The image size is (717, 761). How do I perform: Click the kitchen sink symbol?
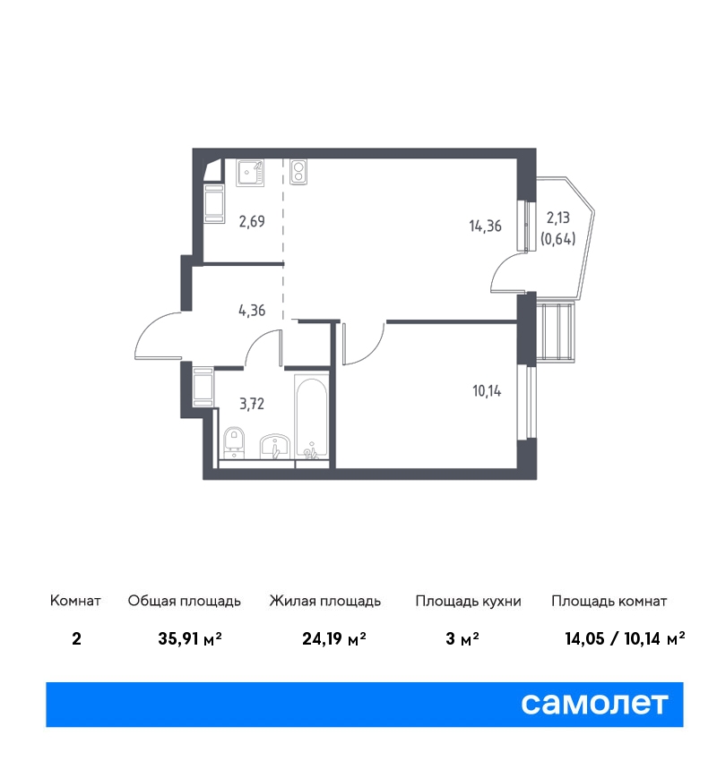tap(250, 173)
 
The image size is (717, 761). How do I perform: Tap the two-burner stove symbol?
tap(298, 172)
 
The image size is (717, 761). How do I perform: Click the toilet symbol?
tap(234, 442)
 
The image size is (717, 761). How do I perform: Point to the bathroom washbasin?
tap(275, 447)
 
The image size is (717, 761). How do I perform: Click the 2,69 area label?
tap(252, 222)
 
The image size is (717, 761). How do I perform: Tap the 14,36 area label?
tap(485, 227)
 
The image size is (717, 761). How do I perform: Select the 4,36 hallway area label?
tap(252, 311)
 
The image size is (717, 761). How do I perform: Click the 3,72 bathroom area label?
tap(252, 404)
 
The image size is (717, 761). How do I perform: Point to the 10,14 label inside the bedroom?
tap(487, 391)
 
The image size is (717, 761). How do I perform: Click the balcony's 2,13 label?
tap(558, 218)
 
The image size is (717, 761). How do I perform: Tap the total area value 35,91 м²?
tap(190, 638)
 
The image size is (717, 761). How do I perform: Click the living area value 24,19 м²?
tap(334, 638)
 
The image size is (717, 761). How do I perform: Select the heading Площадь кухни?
tap(468, 602)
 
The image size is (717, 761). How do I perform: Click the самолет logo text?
tap(594, 704)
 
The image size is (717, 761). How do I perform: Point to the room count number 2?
tap(76, 638)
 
